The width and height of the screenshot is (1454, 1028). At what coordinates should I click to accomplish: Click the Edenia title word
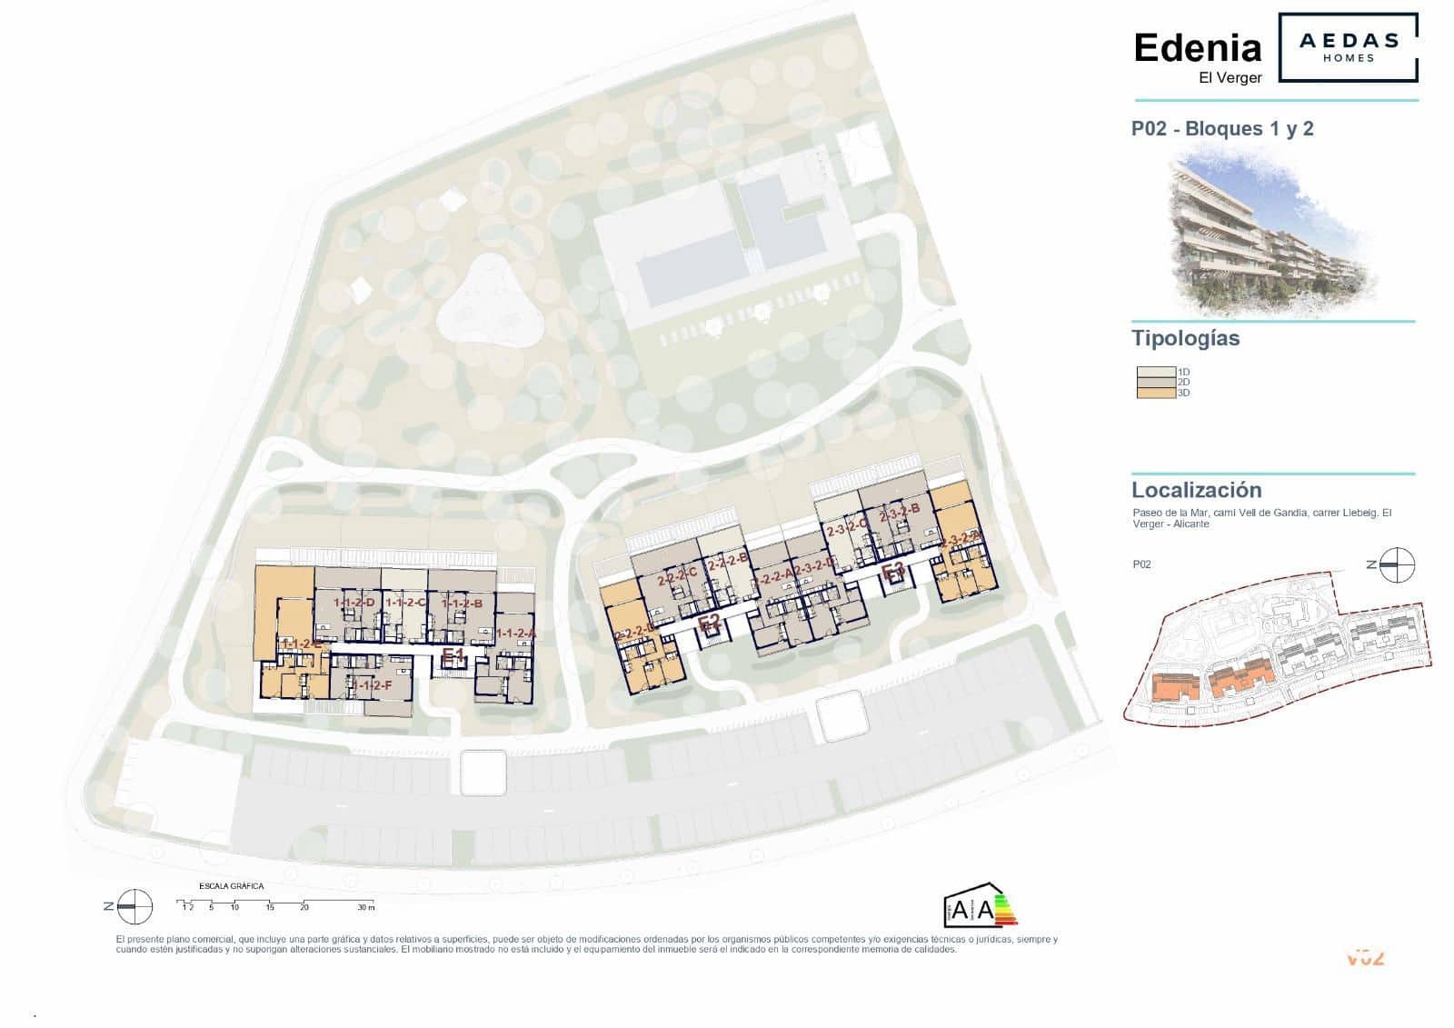(x=1197, y=48)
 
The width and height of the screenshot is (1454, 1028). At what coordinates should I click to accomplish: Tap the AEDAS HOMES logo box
(x=1348, y=47)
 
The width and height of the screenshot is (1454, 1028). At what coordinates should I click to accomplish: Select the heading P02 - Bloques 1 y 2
(x=1221, y=129)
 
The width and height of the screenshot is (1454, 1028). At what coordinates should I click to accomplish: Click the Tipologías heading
(x=1185, y=339)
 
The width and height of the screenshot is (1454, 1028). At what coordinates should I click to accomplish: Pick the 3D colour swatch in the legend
(x=1156, y=393)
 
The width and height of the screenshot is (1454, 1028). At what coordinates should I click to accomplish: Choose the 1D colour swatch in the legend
(x=1156, y=372)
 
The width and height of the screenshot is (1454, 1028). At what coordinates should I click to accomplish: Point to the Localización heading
(x=1196, y=491)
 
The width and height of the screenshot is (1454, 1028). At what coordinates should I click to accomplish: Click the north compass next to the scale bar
(x=135, y=905)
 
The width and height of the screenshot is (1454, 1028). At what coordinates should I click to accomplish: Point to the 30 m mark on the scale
(x=365, y=907)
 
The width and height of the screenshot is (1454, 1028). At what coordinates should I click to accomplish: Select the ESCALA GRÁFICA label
(x=231, y=885)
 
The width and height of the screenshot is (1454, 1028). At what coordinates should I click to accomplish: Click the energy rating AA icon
(x=980, y=906)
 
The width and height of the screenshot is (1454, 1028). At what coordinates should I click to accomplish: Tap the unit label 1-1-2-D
(x=354, y=603)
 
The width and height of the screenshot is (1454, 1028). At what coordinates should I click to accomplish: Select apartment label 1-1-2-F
(x=373, y=685)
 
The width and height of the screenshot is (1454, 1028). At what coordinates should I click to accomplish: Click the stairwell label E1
(x=453, y=654)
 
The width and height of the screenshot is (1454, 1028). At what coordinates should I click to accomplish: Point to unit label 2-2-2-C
(x=677, y=573)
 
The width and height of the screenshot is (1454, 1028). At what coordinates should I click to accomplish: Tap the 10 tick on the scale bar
(x=234, y=907)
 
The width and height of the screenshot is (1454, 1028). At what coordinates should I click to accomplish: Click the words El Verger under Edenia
(x=1230, y=78)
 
